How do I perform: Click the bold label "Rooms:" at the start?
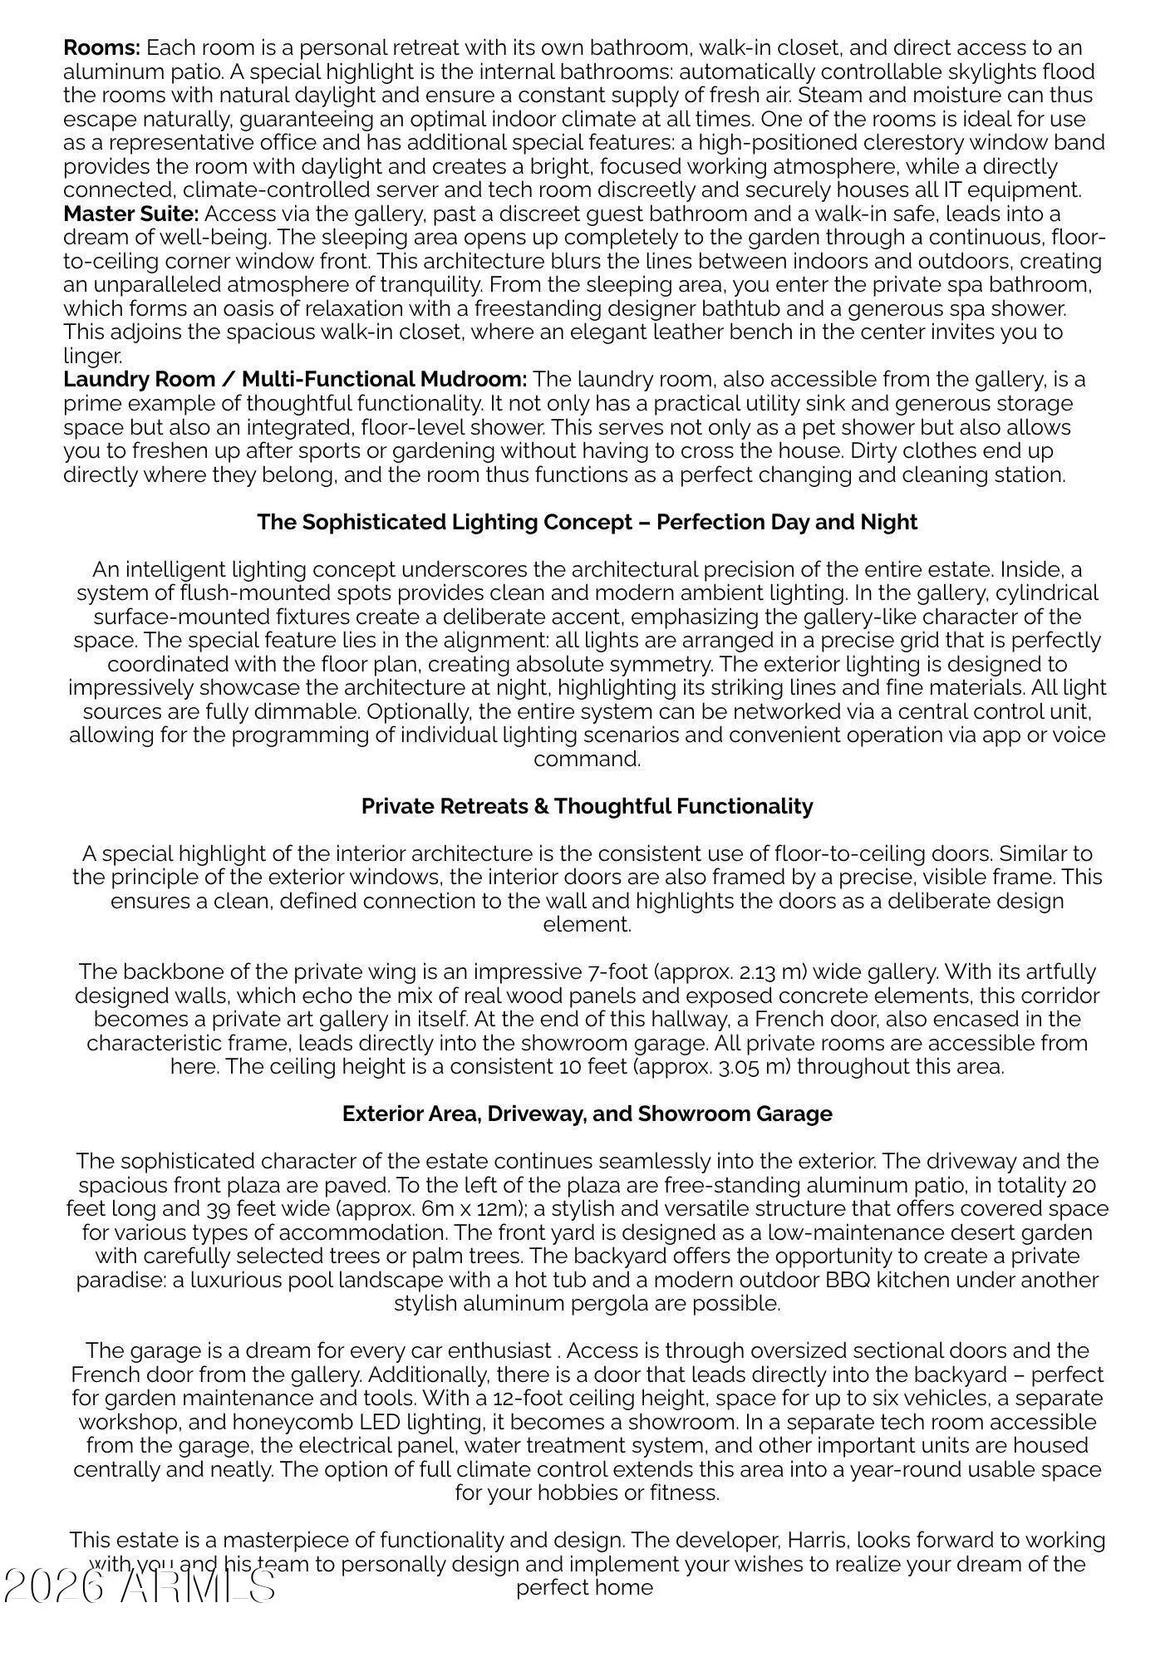[x=101, y=47]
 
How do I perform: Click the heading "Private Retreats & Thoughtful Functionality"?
[x=587, y=806]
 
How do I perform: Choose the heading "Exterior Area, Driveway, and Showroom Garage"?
[x=587, y=1114]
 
